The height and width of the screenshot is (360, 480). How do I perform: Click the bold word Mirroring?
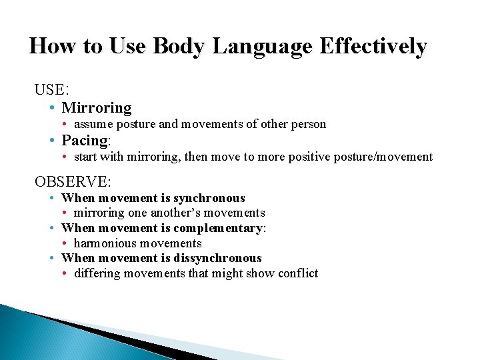[97, 107]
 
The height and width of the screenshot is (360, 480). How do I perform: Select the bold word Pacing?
[85, 140]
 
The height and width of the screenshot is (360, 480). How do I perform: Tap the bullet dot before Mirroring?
[52, 108]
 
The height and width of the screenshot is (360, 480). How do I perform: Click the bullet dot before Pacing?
[52, 141]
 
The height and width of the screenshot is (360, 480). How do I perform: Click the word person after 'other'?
[308, 124]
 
